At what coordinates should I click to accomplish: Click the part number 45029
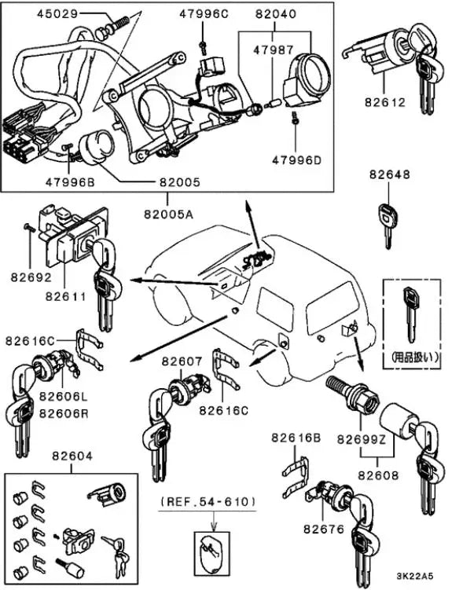point(57,13)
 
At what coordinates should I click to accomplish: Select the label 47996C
point(204,13)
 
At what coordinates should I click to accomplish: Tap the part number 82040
point(275,13)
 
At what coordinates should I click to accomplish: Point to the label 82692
point(30,277)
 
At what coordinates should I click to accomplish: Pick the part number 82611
point(64,296)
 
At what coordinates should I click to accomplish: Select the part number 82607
point(182,361)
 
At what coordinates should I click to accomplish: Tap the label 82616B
point(296,437)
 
